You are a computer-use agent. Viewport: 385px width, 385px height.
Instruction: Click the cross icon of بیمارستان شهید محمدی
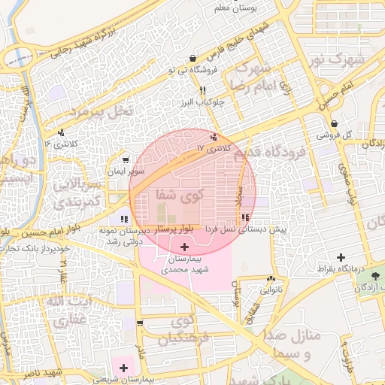click(x=185, y=247)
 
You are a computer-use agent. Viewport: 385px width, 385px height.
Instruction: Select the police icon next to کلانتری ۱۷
click(x=216, y=137)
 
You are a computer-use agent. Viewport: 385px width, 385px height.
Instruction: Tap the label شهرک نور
click(x=338, y=59)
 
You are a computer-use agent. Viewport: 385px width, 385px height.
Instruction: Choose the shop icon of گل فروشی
click(x=334, y=124)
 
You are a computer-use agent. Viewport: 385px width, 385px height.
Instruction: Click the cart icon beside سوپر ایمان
click(x=125, y=159)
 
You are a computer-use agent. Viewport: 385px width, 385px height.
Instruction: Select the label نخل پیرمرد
click(x=102, y=111)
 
